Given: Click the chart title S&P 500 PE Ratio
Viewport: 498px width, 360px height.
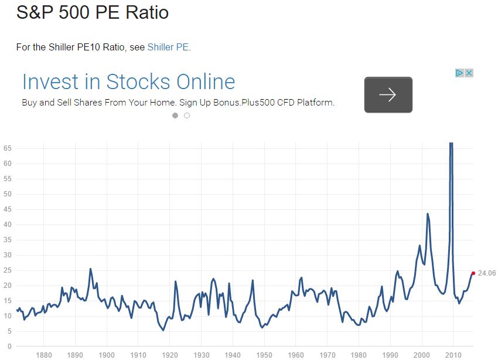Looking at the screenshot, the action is (93, 12).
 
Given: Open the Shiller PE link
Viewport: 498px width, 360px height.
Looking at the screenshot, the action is (168, 47).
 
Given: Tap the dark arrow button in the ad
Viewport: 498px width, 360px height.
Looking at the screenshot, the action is (388, 94).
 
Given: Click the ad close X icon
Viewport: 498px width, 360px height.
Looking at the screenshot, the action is (469, 73).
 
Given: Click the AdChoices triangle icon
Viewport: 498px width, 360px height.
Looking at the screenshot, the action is (459, 73).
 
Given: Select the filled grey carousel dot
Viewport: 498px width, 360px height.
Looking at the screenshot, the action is (175, 116).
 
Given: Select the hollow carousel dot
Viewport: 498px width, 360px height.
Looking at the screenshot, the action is (187, 116).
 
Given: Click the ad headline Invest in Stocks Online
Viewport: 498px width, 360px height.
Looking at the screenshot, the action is (129, 81).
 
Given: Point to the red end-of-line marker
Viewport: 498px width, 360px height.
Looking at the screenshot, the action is (473, 273).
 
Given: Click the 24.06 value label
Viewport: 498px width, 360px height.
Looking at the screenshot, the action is (486, 273).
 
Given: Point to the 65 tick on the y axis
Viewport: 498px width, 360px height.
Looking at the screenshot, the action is (7, 148).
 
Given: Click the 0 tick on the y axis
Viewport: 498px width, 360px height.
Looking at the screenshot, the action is (9, 347).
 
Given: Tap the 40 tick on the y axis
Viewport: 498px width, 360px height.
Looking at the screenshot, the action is (7, 225).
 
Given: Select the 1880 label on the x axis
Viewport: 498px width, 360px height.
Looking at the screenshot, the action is (44, 355).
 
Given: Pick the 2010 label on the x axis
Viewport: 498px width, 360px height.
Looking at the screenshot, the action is (453, 355).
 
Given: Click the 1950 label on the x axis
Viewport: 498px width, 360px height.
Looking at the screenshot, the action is (264, 355).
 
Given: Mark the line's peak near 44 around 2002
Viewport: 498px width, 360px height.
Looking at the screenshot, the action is (428, 213).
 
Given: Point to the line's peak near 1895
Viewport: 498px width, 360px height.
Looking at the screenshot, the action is (90, 269).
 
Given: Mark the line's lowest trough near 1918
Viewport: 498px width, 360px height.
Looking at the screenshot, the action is (163, 331).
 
